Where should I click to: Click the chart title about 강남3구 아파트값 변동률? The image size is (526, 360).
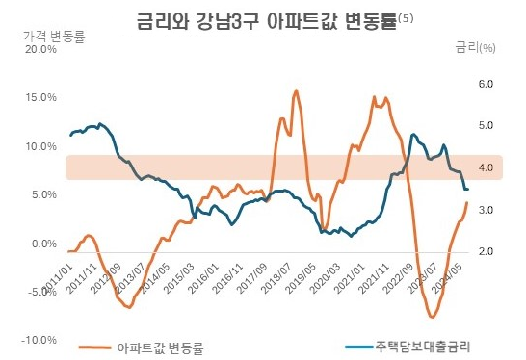260,18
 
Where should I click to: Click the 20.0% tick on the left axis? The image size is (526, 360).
41,50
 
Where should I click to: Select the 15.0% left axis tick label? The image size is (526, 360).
41,98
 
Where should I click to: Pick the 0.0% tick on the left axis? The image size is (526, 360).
44,244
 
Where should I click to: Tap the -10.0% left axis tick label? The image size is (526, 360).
39,340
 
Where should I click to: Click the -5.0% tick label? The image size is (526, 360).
41,292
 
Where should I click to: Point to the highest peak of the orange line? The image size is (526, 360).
296,90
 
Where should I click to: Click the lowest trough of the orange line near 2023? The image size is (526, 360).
432,317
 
